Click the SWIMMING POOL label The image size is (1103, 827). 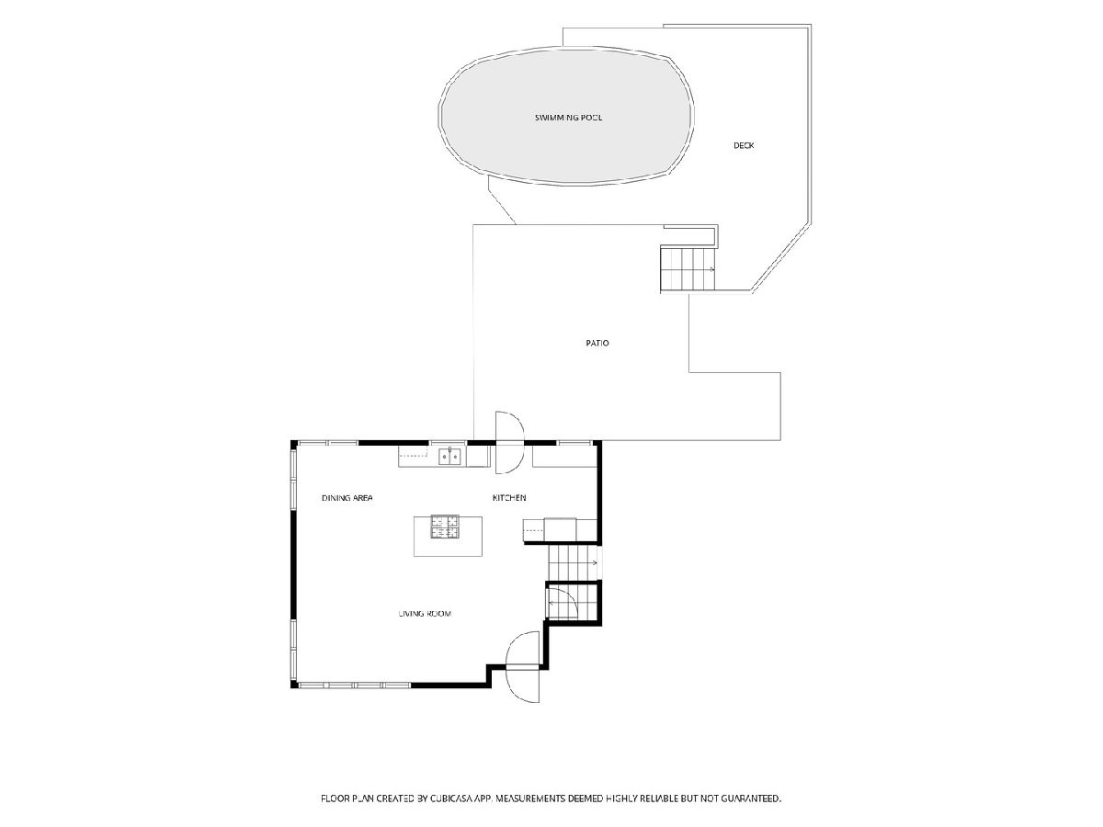coord(568,118)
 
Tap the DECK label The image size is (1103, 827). coord(744,145)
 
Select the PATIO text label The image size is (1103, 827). coord(597,343)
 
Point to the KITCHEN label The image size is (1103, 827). coord(508,498)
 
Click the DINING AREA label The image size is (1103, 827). coord(347,498)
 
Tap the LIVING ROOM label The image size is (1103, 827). coord(425,613)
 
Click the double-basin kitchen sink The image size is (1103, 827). coord(449,457)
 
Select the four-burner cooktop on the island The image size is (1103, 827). coord(445,527)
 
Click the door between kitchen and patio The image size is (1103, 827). coord(509,442)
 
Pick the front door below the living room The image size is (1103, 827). coord(523,667)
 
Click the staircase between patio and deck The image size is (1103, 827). coord(688,268)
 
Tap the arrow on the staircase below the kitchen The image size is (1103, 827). coord(594,563)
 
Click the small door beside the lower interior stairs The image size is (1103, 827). coord(562,604)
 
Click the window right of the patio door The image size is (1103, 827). coord(574,443)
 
